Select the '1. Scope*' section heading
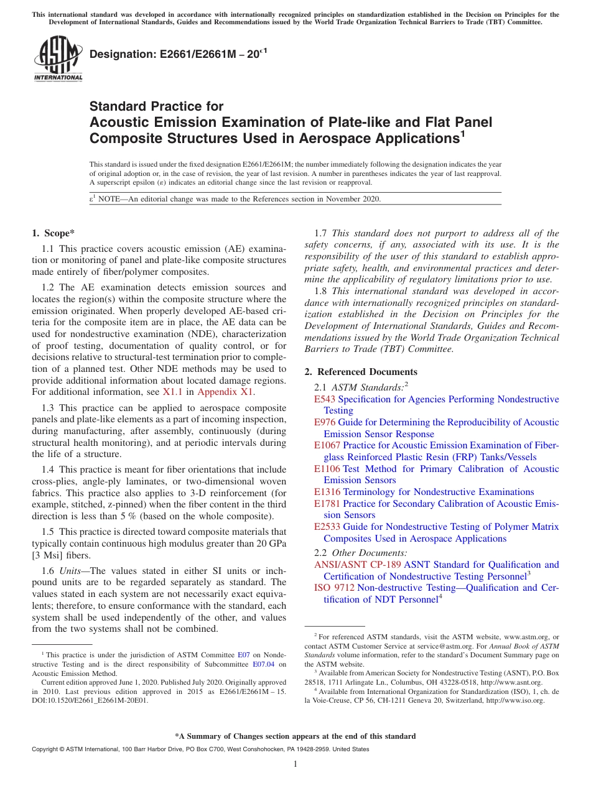(x=53, y=233)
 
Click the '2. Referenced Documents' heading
(x=361, y=372)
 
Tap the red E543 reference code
(x=325, y=399)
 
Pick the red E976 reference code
(x=325, y=422)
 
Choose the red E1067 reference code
(x=327, y=445)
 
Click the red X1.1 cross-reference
(x=172, y=392)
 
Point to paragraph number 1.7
(x=321, y=233)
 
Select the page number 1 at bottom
(x=295, y=764)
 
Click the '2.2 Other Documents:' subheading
(x=361, y=553)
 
